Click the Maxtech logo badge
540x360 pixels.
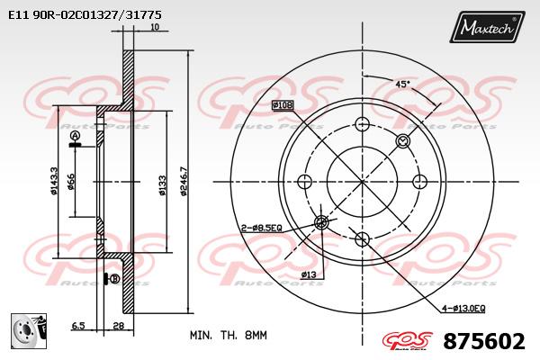(x=487, y=27)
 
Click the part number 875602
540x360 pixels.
(x=484, y=341)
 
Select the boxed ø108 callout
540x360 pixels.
(x=283, y=104)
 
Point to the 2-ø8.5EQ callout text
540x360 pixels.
(x=261, y=228)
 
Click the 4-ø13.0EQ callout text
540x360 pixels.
(x=463, y=309)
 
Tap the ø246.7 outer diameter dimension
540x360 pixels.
(x=184, y=182)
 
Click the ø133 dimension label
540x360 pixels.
(x=163, y=185)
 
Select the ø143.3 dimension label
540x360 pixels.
(x=54, y=182)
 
